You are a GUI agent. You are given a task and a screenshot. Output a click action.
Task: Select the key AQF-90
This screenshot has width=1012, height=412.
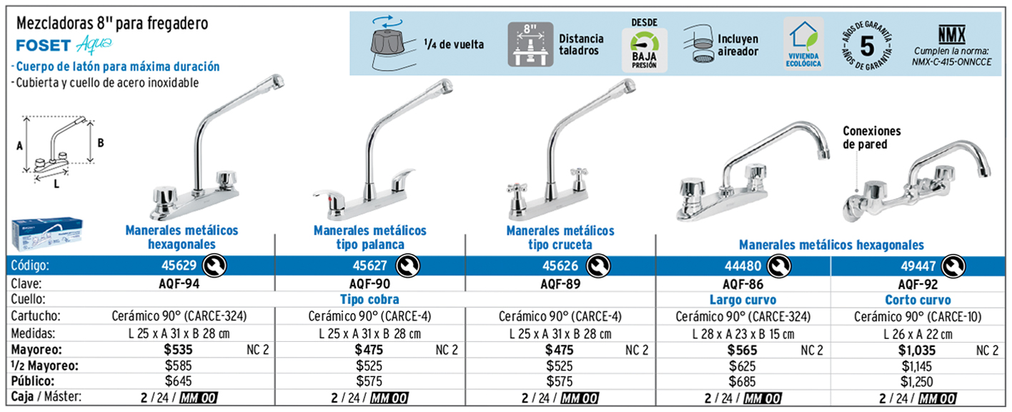pyautogui.click(x=369, y=283)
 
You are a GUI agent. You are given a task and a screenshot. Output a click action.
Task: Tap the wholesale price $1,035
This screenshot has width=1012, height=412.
pyautogui.click(x=917, y=350)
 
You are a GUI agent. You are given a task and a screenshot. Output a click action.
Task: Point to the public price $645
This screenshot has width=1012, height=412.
pyautogui.click(x=179, y=381)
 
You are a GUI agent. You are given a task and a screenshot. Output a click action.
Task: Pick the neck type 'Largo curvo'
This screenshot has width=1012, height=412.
pyautogui.click(x=743, y=300)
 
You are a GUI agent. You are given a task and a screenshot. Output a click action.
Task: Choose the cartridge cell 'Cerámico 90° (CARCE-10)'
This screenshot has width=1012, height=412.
pyautogui.click(x=917, y=316)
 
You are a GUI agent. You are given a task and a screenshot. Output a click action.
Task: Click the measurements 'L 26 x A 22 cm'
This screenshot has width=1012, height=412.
pyautogui.click(x=917, y=333)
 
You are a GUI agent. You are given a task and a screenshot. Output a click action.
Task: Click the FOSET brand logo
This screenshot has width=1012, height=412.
pyautogui.click(x=43, y=46)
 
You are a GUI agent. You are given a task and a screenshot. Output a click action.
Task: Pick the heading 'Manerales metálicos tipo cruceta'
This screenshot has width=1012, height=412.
pyautogui.click(x=560, y=237)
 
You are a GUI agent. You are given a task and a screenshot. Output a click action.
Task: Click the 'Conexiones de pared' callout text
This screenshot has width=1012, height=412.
pyautogui.click(x=871, y=137)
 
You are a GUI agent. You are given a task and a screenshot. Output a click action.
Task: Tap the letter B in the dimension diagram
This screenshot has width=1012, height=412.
pyautogui.click(x=101, y=142)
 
